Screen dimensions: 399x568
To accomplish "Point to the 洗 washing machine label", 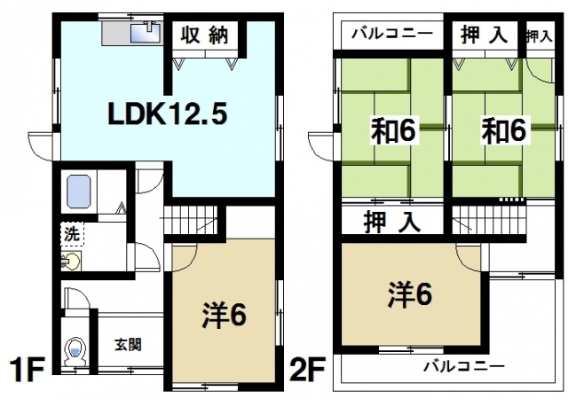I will [70, 236].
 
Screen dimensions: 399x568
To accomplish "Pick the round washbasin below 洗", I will [70, 262].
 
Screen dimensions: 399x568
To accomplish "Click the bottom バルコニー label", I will [463, 365].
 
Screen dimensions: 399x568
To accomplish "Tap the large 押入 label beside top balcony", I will [484, 35].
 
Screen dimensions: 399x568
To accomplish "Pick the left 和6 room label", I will [393, 130].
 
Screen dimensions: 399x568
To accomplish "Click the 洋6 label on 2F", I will [409, 293].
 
